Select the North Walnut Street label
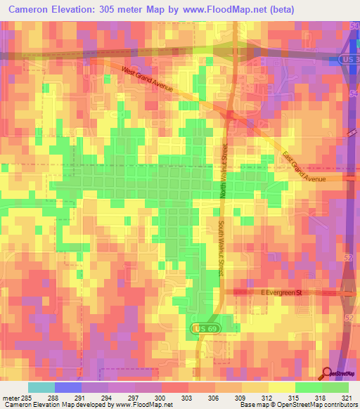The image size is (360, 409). [225, 170]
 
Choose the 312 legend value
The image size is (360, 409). [268, 397]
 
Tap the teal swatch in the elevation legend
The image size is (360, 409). [41, 387]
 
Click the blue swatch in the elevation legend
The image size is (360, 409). [67, 387]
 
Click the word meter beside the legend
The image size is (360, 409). [10, 397]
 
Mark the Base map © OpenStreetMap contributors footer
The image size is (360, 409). [296, 405]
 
